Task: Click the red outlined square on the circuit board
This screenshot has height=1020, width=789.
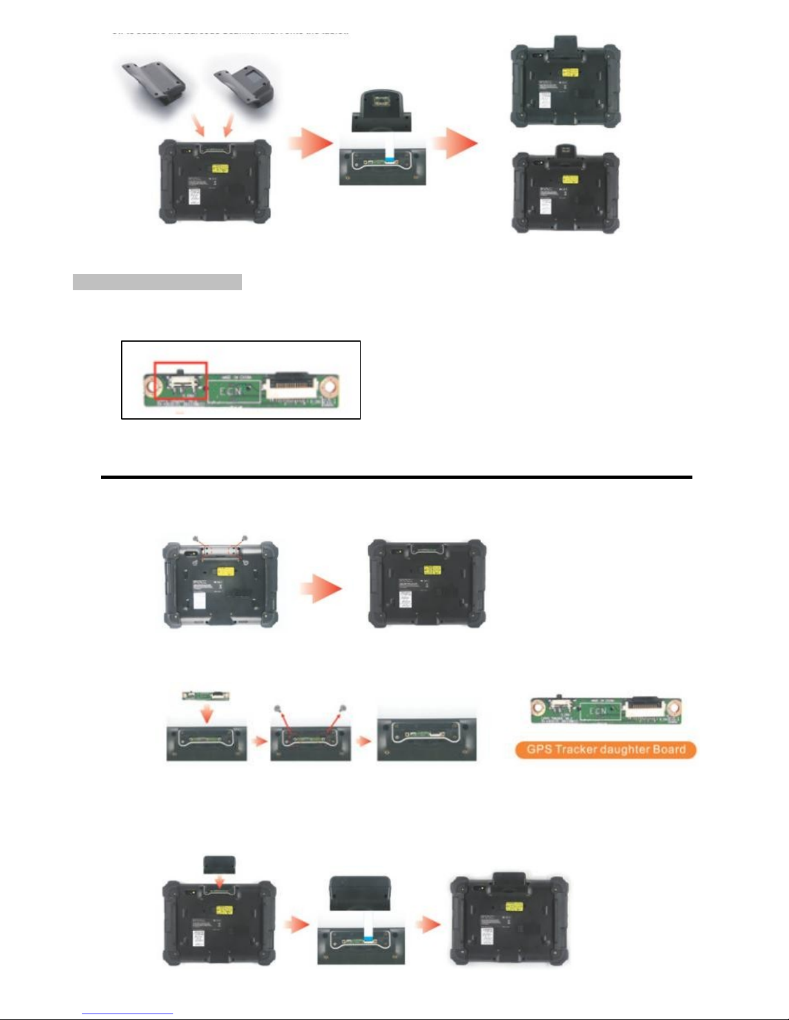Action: tap(180, 380)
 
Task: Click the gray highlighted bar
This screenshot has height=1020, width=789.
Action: tap(157, 282)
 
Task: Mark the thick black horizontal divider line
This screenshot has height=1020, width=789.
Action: tap(396, 478)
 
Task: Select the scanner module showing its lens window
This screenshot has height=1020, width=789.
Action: tap(381, 111)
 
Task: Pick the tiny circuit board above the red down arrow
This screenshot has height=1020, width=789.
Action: tap(205, 696)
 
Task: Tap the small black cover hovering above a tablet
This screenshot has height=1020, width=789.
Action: tap(219, 864)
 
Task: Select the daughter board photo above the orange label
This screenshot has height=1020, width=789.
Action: tap(605, 710)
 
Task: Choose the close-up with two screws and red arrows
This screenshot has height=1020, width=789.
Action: tap(310, 734)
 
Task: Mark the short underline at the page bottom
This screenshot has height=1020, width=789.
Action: tap(128, 1014)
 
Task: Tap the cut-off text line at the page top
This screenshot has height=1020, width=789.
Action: tap(230, 32)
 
